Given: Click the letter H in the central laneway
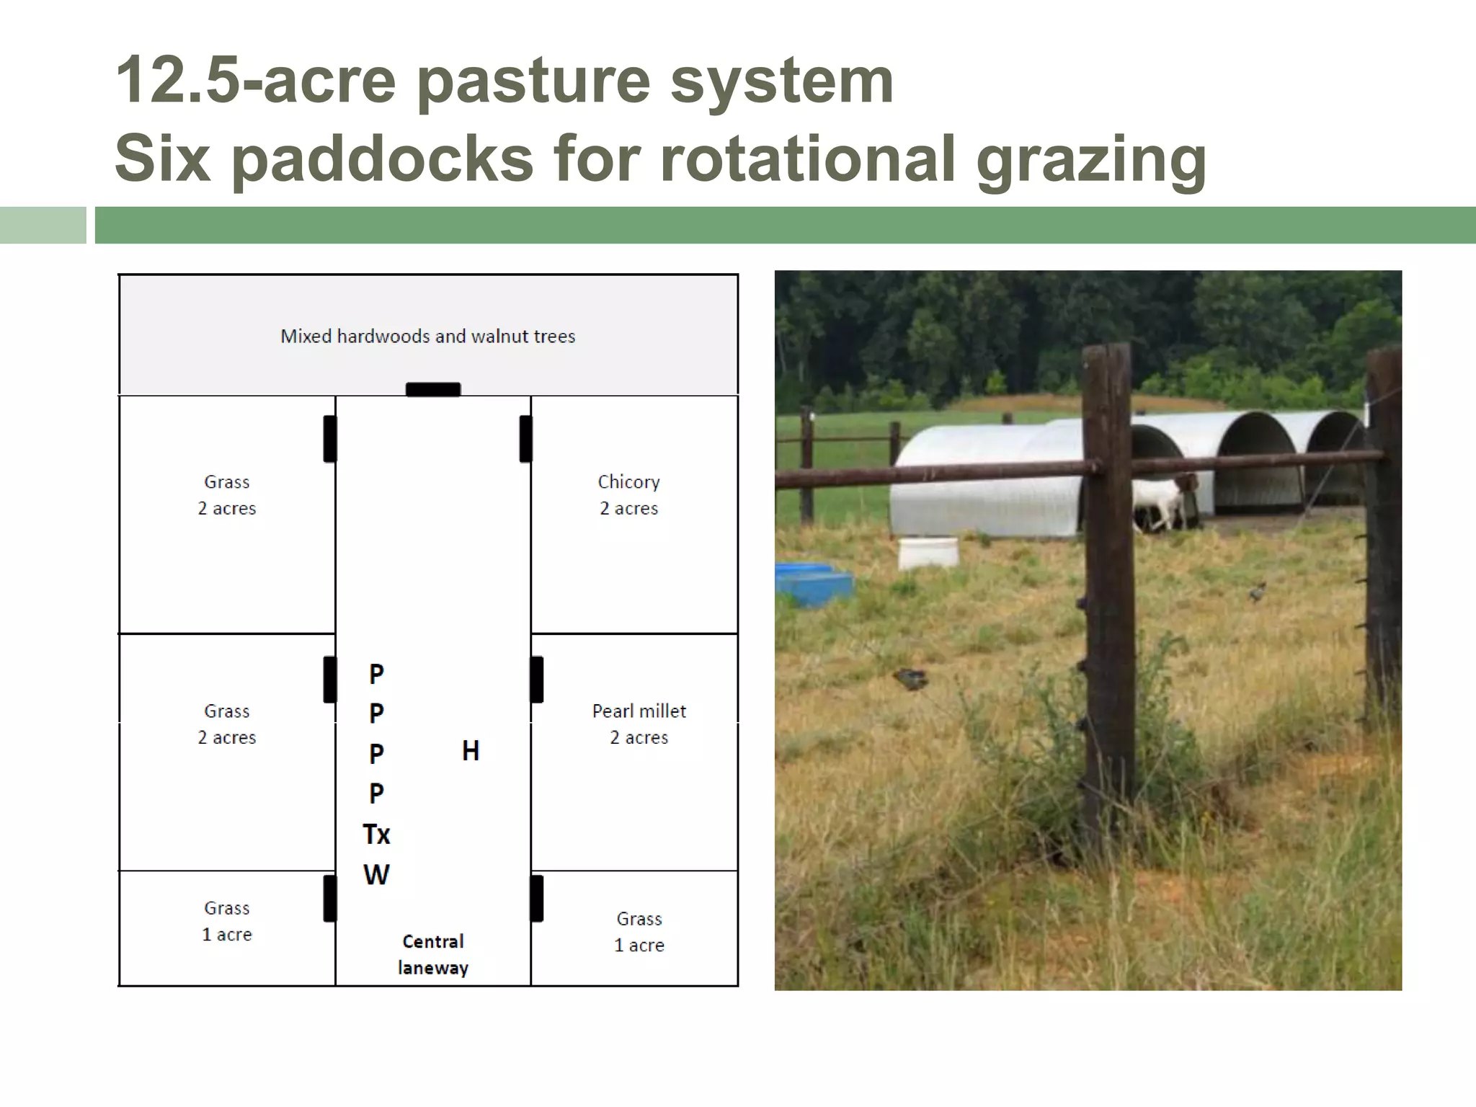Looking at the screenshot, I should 471,751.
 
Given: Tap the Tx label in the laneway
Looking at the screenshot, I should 376,835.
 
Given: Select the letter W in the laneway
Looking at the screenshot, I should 376,875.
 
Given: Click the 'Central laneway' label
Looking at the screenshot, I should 433,954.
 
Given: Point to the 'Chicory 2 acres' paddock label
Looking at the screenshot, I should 629,494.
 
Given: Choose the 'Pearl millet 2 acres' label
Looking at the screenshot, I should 639,724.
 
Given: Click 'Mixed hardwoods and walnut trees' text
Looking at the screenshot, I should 428,336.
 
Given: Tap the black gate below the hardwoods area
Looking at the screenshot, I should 433,389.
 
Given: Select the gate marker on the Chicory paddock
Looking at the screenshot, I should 526,439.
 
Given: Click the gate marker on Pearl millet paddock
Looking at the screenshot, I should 537,679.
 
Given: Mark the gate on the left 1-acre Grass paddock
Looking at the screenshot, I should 329,898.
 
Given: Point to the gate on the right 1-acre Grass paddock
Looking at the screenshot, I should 537,898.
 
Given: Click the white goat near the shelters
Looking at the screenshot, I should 1159,504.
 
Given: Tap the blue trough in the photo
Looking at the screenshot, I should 813,584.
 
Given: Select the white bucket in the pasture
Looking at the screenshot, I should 928,553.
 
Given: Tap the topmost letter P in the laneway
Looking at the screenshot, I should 376,675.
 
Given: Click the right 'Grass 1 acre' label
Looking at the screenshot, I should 639,931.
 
